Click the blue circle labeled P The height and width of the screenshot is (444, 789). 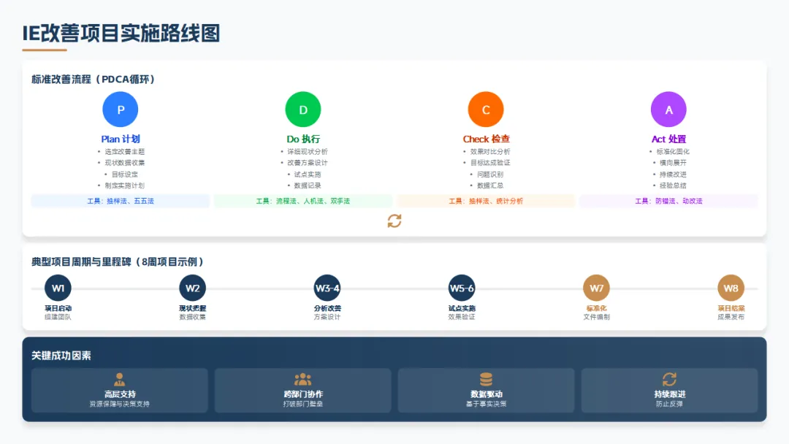click(x=121, y=110)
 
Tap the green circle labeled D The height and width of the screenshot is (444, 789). click(x=303, y=110)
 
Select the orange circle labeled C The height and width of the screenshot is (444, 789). click(x=486, y=110)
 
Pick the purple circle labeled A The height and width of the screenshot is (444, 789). click(x=668, y=110)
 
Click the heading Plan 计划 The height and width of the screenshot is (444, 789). click(x=121, y=139)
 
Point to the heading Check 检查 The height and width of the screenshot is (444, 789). click(x=486, y=139)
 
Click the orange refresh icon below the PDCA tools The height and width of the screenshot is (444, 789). click(x=394, y=221)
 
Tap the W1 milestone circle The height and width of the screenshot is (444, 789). click(x=58, y=288)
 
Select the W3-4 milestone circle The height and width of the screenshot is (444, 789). click(x=327, y=288)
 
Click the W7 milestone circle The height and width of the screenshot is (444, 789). click(x=596, y=288)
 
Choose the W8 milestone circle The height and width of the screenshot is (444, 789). click(x=731, y=288)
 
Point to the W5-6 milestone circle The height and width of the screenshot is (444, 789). click(x=462, y=288)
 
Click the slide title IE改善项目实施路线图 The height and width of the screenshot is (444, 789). click(x=121, y=33)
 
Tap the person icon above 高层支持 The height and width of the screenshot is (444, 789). click(x=120, y=379)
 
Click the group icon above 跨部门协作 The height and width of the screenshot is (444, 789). click(x=302, y=379)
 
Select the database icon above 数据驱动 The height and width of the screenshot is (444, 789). click(x=486, y=379)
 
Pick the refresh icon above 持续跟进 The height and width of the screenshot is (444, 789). click(x=669, y=379)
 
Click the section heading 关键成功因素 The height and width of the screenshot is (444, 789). click(x=61, y=356)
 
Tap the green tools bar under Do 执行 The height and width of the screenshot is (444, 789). click(x=303, y=201)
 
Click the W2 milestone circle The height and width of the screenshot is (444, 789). click(x=192, y=288)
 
